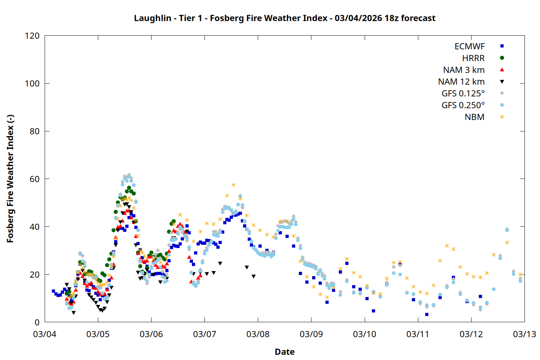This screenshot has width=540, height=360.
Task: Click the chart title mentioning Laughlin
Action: tap(284, 18)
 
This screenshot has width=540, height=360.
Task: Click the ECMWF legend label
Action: tap(469, 46)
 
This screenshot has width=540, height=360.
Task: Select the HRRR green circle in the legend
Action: tap(502, 58)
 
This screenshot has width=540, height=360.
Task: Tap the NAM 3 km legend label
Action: tap(464, 70)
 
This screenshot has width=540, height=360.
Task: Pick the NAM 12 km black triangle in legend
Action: tap(502, 82)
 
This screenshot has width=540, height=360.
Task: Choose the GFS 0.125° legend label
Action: tap(463, 94)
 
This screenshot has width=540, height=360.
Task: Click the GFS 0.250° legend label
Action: tap(463, 105)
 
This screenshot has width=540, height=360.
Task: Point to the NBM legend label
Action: tap(474, 117)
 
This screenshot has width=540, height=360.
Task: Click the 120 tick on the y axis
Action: tap(32, 36)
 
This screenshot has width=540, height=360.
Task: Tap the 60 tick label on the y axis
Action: tap(35, 179)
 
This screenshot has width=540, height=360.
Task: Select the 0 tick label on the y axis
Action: tap(37, 322)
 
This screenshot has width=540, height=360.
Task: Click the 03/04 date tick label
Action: tap(45, 334)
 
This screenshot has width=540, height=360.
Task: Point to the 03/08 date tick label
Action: tap(258, 334)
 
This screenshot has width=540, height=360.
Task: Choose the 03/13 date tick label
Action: tap(524, 334)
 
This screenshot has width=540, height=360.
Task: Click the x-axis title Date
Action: tap(284, 352)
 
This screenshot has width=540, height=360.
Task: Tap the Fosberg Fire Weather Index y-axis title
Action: tap(10, 179)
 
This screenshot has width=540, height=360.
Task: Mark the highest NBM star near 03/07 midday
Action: tap(233, 185)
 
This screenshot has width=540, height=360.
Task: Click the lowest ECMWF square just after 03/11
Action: tap(427, 314)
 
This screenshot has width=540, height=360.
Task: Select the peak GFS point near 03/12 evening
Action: tap(507, 230)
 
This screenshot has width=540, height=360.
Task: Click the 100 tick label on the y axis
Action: tap(32, 84)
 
